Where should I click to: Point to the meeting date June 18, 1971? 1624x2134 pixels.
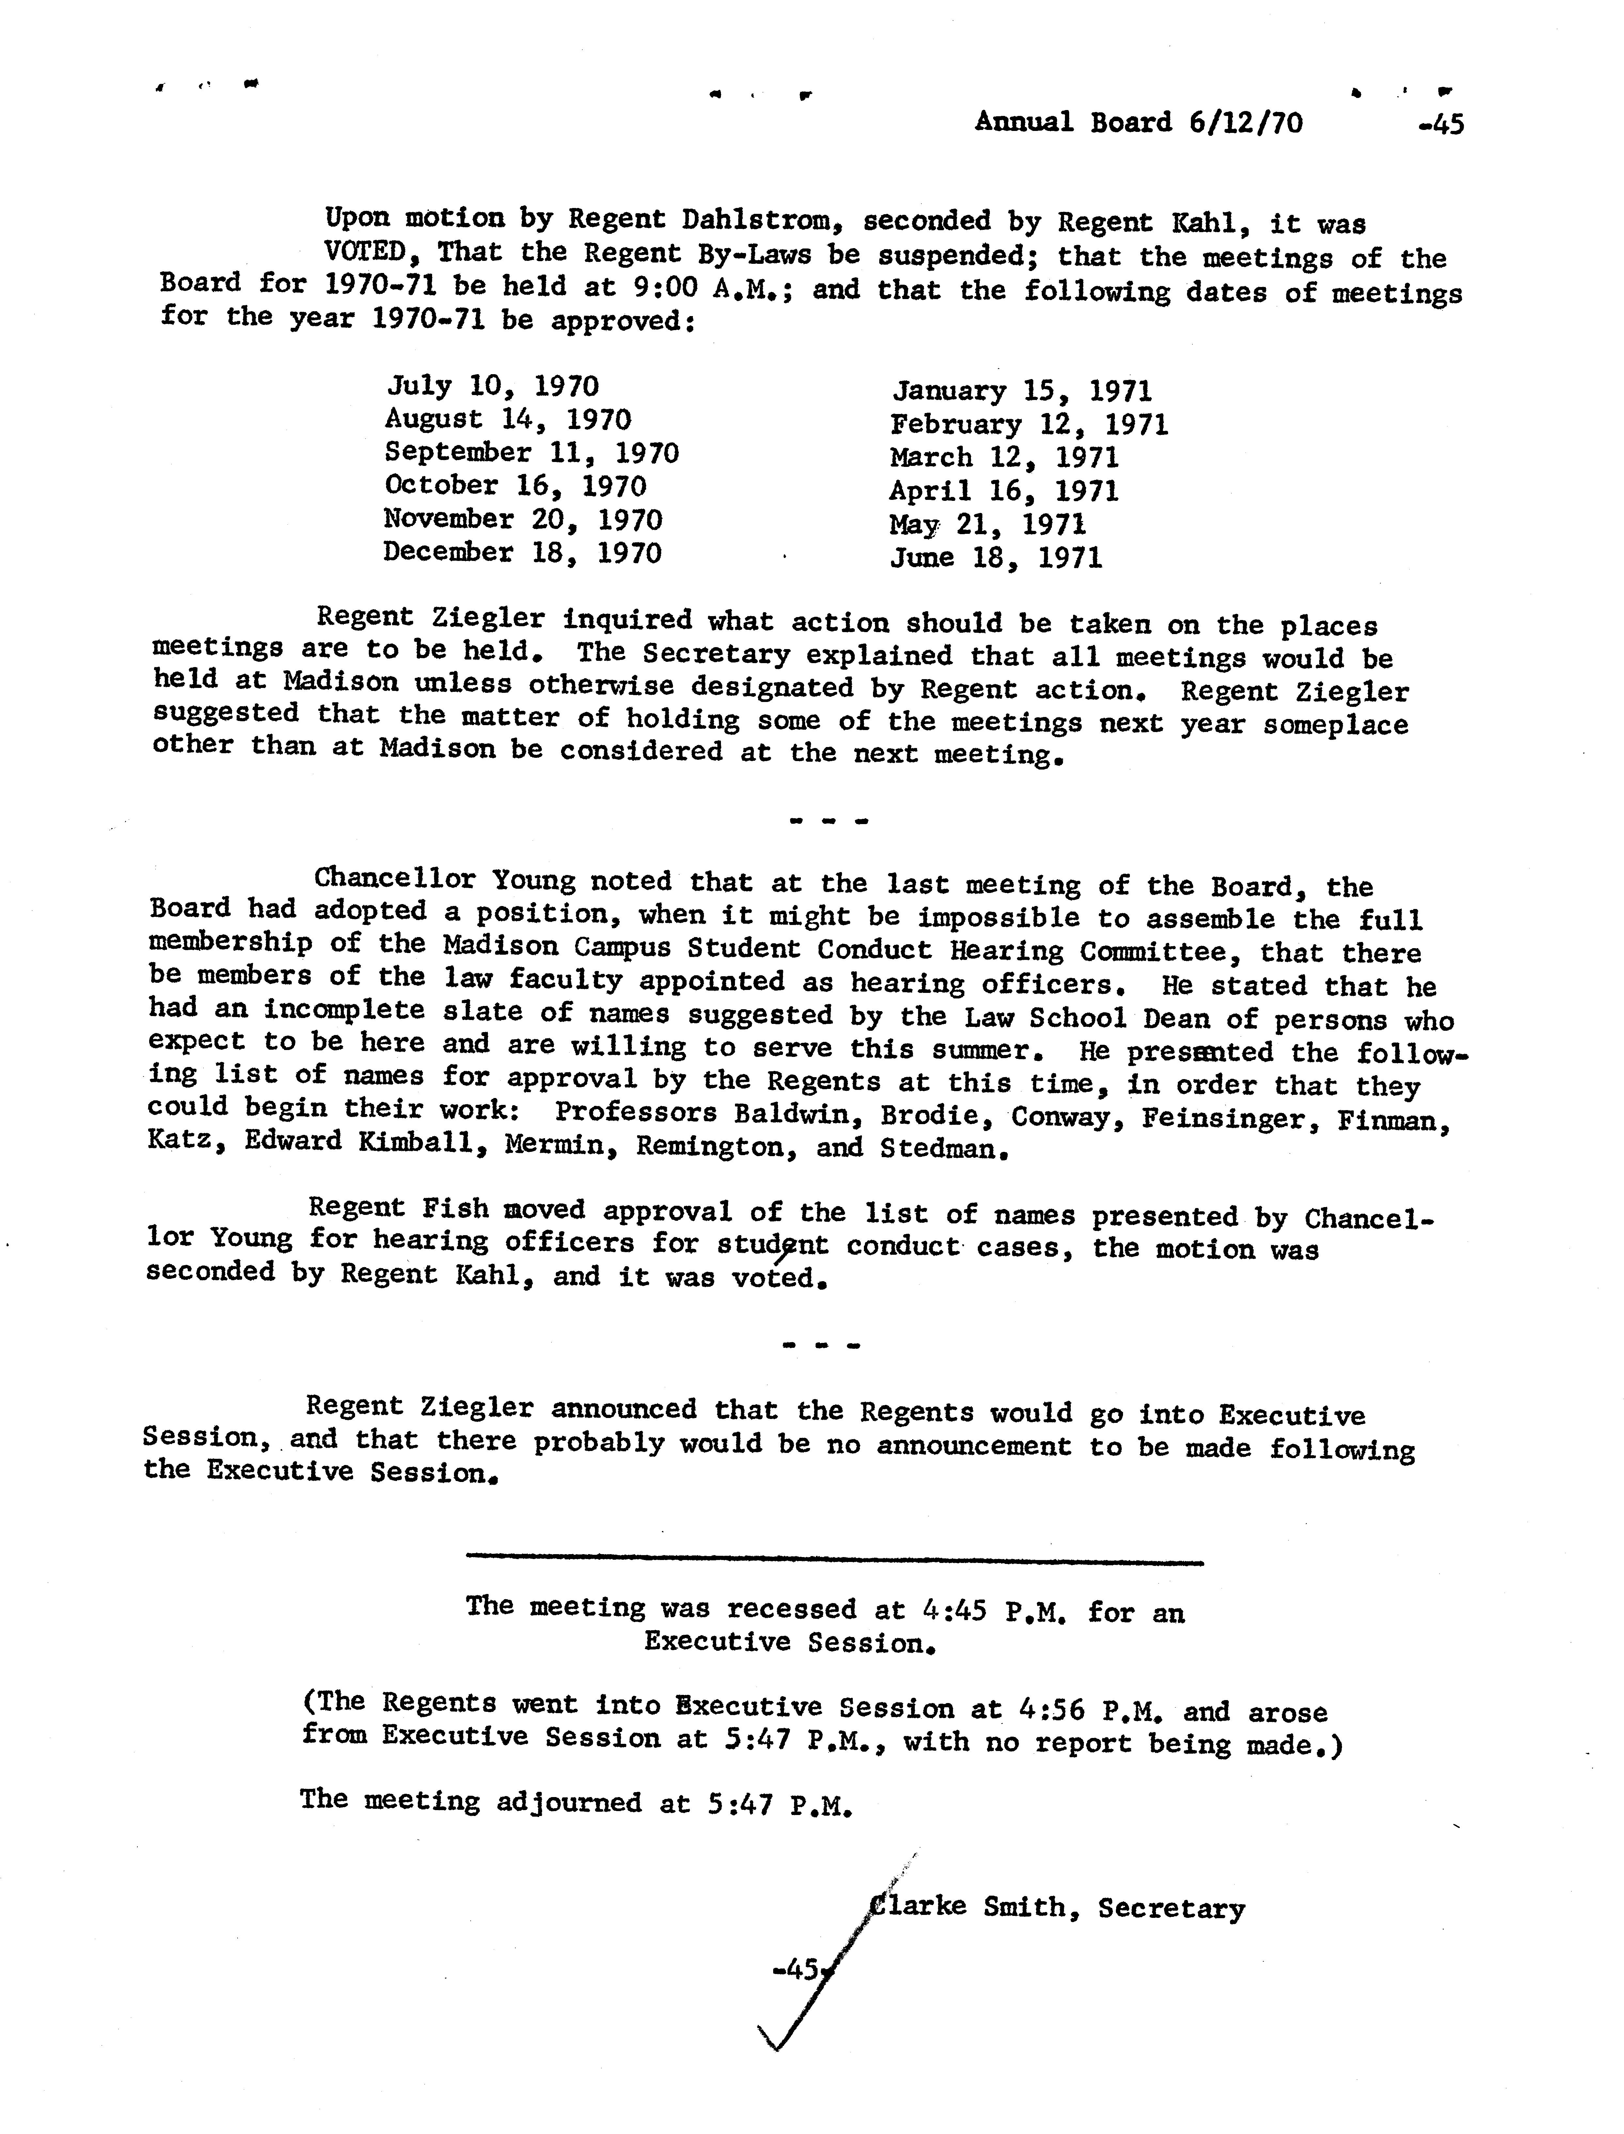tap(996, 558)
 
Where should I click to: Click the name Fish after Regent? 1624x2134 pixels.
tap(454, 1209)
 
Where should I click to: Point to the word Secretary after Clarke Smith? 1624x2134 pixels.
tap(1172, 1909)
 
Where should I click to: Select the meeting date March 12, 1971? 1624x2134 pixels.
tap(1003, 457)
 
